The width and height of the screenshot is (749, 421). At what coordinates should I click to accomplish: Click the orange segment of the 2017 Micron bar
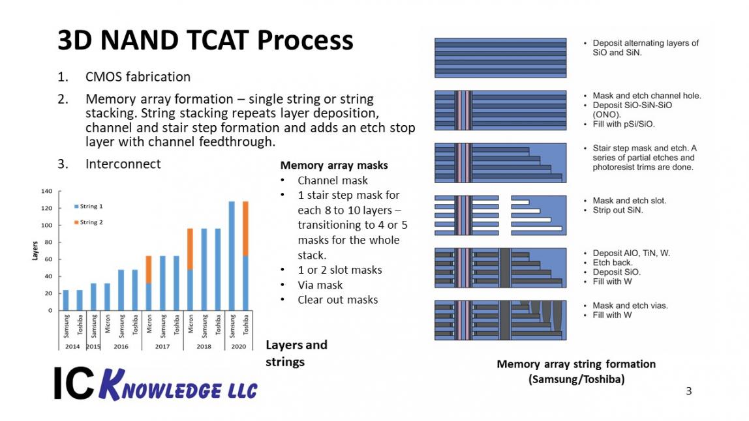(149, 270)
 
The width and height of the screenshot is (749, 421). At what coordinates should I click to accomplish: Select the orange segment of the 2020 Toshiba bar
(245, 229)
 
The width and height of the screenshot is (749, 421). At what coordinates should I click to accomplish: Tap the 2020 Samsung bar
(232, 256)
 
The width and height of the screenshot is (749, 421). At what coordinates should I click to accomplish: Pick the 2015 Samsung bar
(93, 297)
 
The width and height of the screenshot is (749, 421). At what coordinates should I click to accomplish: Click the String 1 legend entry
(88, 206)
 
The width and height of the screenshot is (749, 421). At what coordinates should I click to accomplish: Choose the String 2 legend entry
(88, 222)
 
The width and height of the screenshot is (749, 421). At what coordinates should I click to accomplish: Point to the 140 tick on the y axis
(47, 191)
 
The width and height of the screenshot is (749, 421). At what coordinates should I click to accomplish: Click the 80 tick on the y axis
(48, 242)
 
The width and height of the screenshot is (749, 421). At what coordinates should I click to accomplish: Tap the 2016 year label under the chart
(121, 347)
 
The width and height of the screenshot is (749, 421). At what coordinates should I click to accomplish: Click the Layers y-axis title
(35, 251)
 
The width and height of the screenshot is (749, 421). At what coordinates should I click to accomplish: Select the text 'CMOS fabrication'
(138, 77)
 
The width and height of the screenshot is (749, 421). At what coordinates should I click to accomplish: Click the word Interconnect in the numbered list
(123, 164)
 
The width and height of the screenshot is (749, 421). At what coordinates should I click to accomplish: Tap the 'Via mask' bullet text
(320, 285)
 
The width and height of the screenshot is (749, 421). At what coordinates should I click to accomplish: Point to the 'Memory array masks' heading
(334, 165)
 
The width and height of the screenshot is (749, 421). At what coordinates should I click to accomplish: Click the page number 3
(689, 391)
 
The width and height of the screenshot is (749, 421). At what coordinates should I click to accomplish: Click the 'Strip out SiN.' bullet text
(618, 210)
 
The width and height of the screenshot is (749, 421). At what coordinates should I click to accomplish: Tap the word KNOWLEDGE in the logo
(178, 386)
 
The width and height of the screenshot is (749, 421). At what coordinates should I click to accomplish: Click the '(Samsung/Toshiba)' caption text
(577, 379)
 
